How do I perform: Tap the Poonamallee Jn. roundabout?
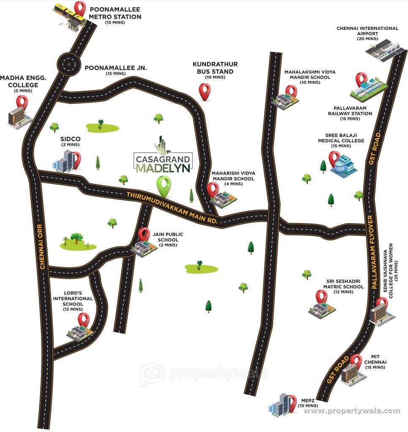tap(68, 64)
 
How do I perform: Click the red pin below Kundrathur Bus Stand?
tap(205, 91)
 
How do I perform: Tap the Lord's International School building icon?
tap(79, 333)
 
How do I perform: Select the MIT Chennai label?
tap(375, 362)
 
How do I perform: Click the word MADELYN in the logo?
tap(163, 169)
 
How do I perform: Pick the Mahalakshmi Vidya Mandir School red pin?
tap(291, 91)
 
